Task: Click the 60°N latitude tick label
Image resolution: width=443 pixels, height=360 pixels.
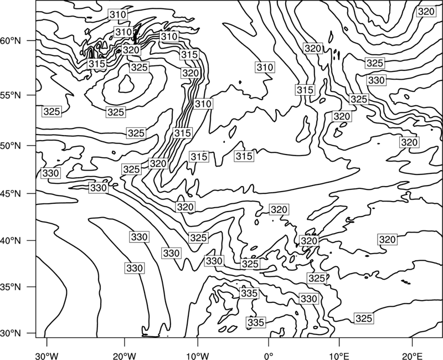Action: click(11, 40)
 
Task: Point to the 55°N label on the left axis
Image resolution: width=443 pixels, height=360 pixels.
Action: click(11, 95)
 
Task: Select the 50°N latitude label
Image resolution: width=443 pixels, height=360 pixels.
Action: click(11, 146)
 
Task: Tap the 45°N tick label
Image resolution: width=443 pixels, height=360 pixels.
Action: click(11, 193)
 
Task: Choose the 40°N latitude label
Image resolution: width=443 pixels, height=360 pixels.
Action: click(11, 240)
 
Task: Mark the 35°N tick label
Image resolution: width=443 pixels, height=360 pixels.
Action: click(11, 287)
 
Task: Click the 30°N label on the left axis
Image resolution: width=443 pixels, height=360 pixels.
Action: click(11, 333)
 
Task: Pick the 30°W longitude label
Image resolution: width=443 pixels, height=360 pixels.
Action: click(47, 356)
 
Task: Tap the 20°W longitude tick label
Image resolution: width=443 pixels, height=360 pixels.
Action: click(125, 356)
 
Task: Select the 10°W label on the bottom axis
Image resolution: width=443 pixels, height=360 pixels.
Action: click(197, 356)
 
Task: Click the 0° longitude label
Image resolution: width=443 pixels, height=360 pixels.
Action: click(269, 356)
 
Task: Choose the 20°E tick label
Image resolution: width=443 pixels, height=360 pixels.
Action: click(412, 356)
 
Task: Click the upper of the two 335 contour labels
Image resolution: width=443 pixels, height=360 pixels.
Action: click(249, 294)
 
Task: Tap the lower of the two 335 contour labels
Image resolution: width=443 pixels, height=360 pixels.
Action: click(256, 322)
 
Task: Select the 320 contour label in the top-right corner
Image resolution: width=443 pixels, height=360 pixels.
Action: click(426, 12)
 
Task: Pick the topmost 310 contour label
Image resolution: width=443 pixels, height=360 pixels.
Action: click(118, 14)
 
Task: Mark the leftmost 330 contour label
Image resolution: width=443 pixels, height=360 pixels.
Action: click(51, 173)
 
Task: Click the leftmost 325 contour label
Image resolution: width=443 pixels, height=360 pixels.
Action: click(52, 112)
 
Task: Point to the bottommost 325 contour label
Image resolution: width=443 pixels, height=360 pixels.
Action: click(364, 318)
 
